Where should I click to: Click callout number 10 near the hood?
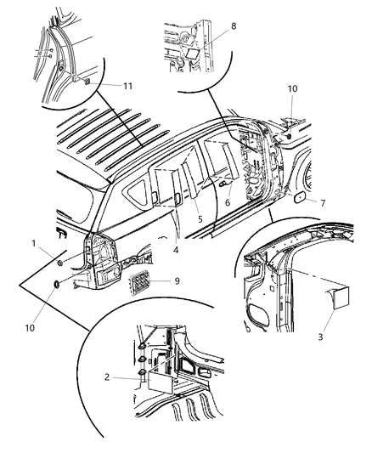click(292, 88)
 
